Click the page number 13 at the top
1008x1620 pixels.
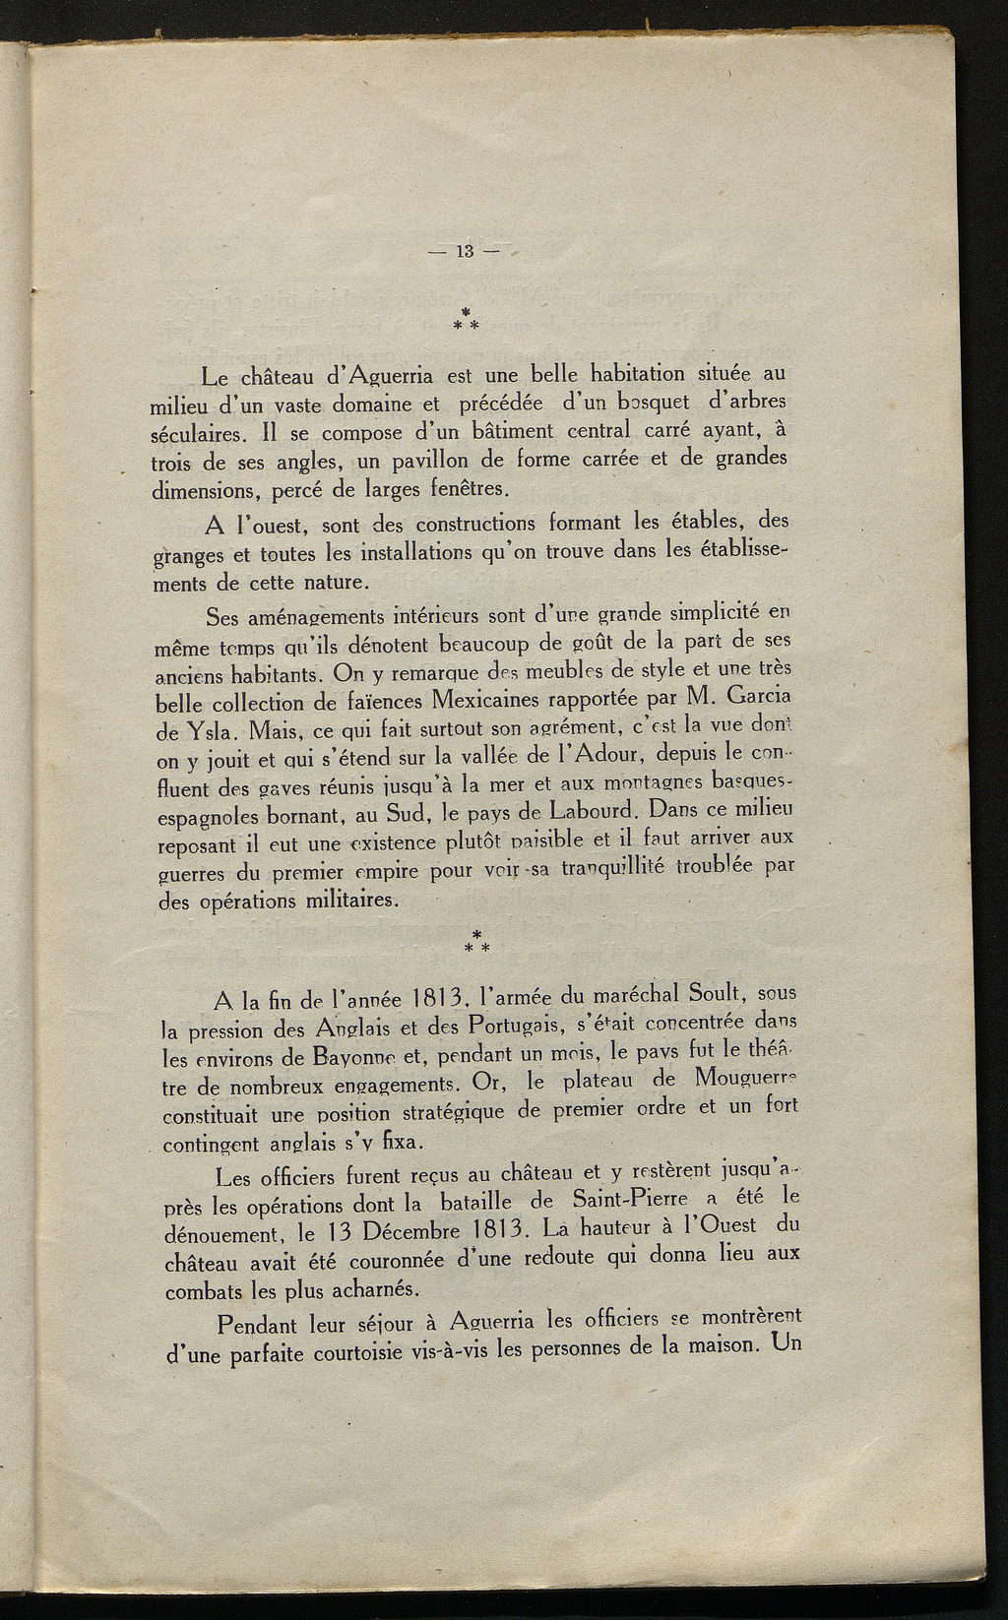tap(466, 252)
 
